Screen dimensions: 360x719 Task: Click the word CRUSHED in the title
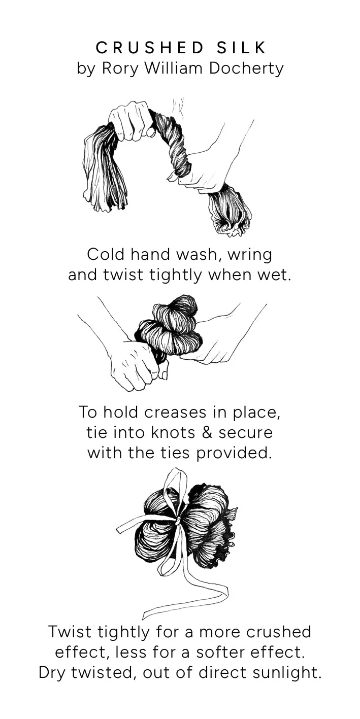click(x=150, y=48)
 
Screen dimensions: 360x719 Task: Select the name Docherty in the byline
click(x=246, y=69)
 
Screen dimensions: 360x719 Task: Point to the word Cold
click(x=105, y=255)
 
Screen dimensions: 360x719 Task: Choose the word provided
click(x=232, y=453)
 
